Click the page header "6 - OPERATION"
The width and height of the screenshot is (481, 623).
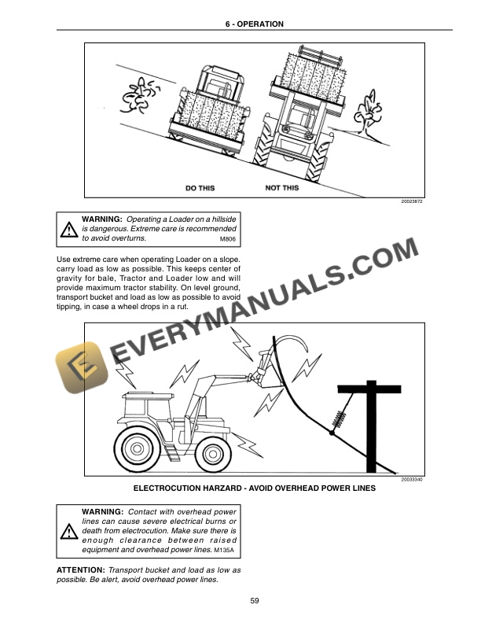(x=255, y=24)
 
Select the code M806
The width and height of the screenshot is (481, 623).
(x=227, y=238)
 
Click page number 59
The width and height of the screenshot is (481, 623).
(x=255, y=601)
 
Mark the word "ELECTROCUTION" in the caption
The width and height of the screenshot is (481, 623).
(x=174, y=488)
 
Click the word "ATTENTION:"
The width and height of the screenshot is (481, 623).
(x=81, y=568)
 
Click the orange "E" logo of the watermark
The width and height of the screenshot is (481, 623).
(x=79, y=367)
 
